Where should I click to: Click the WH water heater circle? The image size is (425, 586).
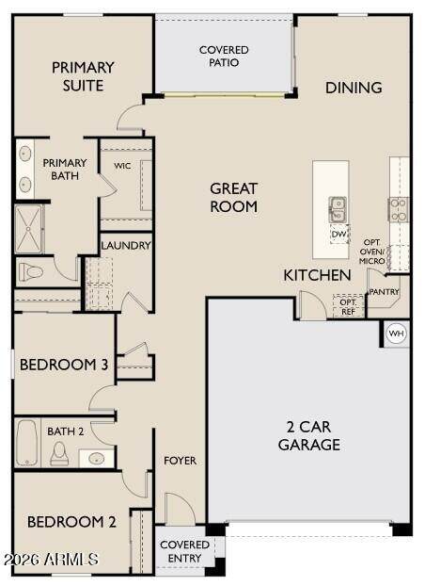coord(396,333)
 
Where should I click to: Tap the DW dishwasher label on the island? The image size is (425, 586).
coord(338,235)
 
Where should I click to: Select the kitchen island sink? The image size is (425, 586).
coord(338,210)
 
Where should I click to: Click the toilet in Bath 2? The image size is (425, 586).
coord(59,453)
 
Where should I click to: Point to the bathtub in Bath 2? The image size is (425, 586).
coord(27,443)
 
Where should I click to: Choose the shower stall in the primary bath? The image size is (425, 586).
coord(29,229)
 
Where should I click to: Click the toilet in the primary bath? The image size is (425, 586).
coord(31,271)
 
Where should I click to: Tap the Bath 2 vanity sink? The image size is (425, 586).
coord(97,458)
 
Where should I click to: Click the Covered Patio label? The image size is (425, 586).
coord(224,57)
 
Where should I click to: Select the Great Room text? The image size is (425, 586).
coord(233,197)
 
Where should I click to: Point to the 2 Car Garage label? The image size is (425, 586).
coord(309,435)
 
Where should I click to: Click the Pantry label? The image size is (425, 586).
coord(384,291)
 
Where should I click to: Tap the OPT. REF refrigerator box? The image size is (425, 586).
coord(349,306)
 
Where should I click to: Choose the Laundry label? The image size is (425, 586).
coord(126,246)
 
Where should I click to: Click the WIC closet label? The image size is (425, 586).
coord(122,166)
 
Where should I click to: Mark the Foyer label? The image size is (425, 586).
coord(181,461)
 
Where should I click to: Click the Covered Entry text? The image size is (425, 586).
coord(184,551)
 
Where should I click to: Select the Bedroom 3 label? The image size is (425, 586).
coord(64,365)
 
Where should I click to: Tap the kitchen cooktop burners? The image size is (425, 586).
coord(398,210)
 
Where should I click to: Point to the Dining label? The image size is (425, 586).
coord(354,88)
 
